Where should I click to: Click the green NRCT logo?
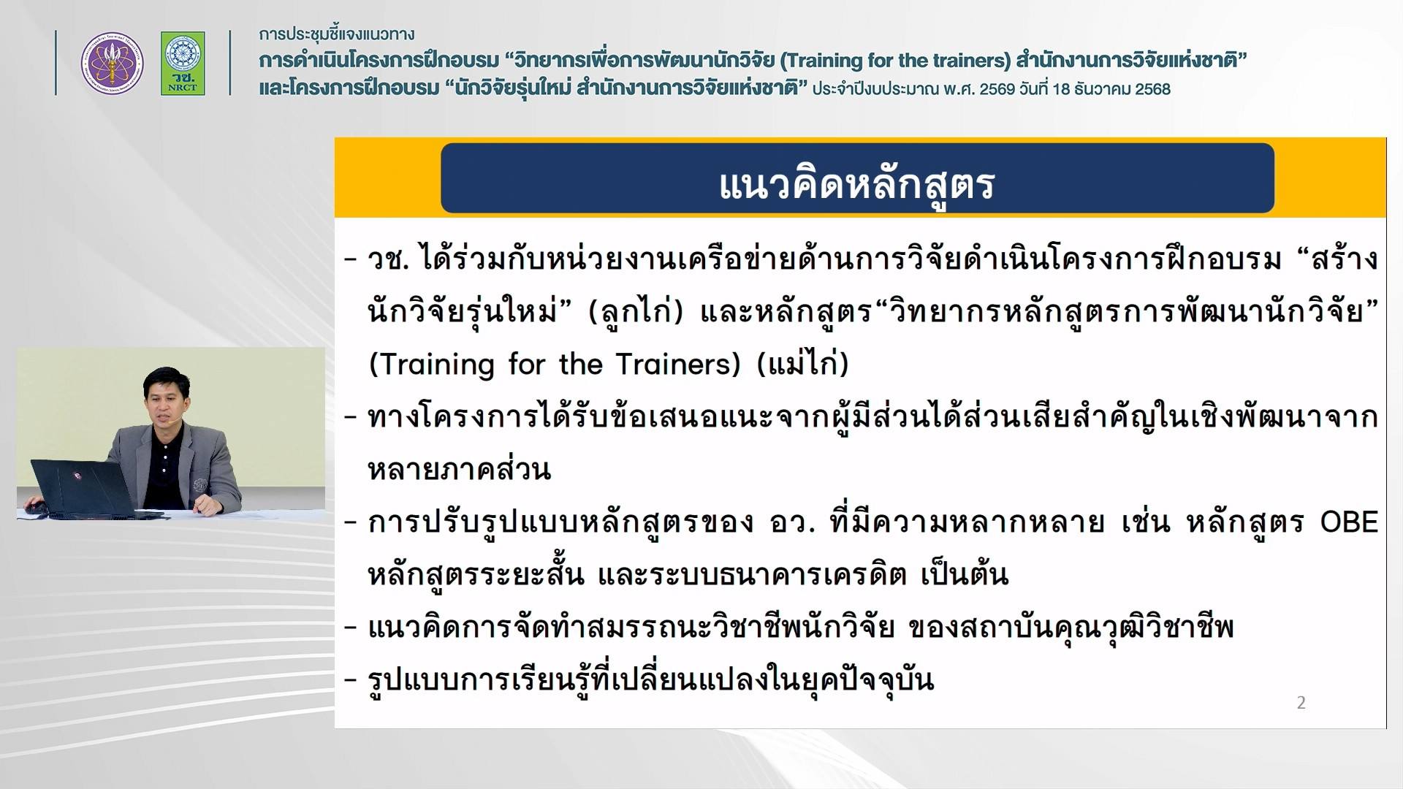click(x=183, y=63)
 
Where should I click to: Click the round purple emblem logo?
click(x=112, y=63)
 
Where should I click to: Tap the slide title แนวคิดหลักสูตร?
click(x=856, y=183)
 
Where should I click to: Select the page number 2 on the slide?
click(x=1301, y=703)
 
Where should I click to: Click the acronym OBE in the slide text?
click(x=1349, y=522)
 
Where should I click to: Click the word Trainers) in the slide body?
click(x=678, y=364)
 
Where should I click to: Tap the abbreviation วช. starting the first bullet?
click(x=387, y=259)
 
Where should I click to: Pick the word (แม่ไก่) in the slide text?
click(x=803, y=362)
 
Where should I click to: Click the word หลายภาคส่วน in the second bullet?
click(x=459, y=469)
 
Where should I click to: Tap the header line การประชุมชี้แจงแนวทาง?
click(x=337, y=34)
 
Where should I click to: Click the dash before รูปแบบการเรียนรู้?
click(x=351, y=681)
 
